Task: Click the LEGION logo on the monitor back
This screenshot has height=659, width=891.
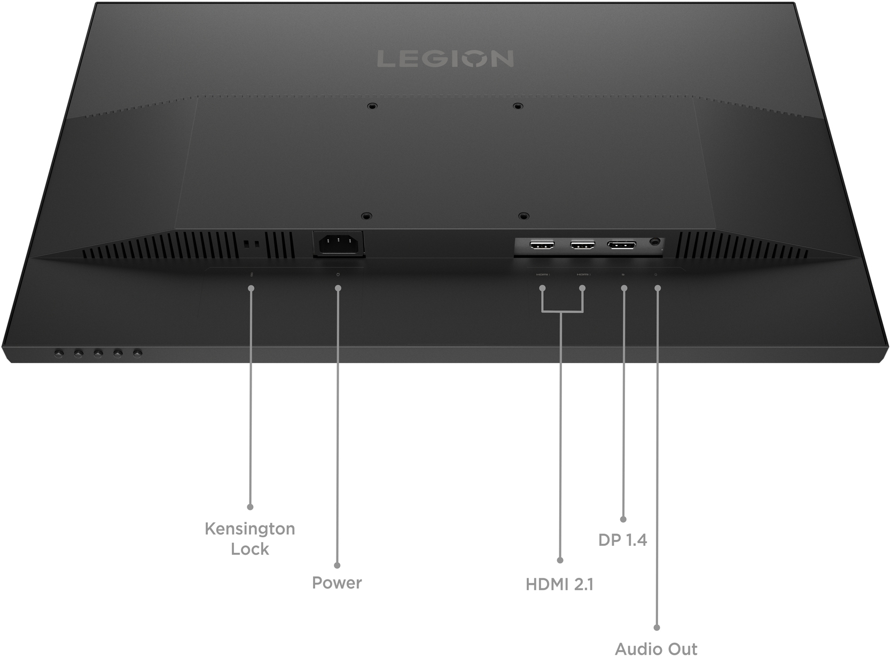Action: click(445, 59)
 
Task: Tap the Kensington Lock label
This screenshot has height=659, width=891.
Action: click(250, 538)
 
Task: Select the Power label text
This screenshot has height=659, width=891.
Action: click(337, 583)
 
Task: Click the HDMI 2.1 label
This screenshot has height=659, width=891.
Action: click(559, 584)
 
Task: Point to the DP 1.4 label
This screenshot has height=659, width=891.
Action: click(622, 540)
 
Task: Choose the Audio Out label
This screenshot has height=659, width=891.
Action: click(656, 649)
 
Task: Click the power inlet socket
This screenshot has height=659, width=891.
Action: click(338, 244)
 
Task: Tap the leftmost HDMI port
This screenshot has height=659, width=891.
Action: click(542, 246)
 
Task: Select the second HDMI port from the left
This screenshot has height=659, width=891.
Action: click(582, 246)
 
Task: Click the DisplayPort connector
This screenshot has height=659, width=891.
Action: click(621, 246)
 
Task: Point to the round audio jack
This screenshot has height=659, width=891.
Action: click(655, 242)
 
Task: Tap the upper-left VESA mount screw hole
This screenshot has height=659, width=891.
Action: click(372, 106)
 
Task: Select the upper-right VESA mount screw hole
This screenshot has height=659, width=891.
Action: click(517, 106)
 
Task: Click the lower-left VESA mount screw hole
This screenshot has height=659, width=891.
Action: click(365, 216)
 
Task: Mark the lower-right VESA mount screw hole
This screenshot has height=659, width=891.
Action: click(523, 216)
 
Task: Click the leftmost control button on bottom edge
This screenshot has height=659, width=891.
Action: click(59, 353)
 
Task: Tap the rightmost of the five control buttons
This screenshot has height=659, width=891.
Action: click(137, 353)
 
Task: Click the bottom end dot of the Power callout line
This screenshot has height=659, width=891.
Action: click(337, 565)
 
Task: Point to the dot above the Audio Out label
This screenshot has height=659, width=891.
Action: click(656, 627)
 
